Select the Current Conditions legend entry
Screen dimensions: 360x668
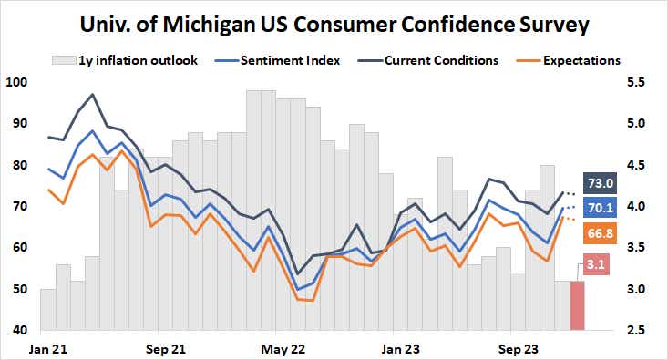[x=432, y=61]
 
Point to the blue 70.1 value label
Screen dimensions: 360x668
[x=600, y=208]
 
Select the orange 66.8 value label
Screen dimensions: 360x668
[x=600, y=234]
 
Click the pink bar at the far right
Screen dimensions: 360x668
[x=577, y=306]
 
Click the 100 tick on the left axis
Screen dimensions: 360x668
[x=16, y=82]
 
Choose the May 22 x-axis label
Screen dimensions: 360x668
[x=282, y=349]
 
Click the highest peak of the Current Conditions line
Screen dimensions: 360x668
[x=92, y=94]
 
